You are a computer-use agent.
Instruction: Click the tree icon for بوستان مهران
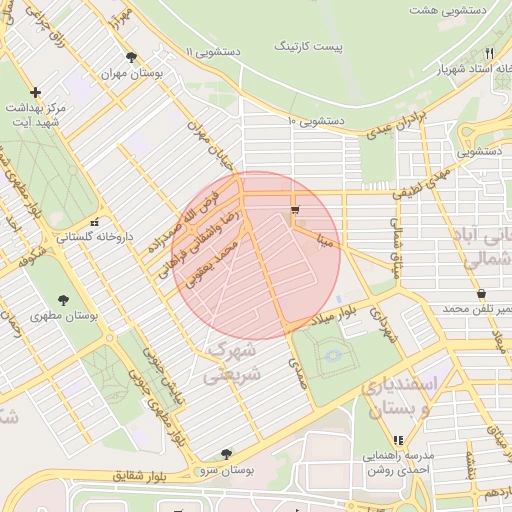pos(131,57)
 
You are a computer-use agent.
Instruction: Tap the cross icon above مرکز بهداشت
pos(35,92)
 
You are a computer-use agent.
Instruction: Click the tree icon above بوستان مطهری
pos(64,299)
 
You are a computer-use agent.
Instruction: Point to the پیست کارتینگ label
pos(309,47)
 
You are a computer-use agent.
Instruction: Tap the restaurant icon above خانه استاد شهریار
pos(489,54)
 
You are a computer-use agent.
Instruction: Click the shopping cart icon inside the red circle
pos(294,210)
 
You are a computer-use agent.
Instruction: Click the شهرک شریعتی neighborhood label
pos(232,363)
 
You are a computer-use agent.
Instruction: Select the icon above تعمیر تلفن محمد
pos(482,294)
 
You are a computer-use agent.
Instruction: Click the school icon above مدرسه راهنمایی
pos(398,439)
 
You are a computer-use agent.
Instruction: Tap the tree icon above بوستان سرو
pos(226,453)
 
